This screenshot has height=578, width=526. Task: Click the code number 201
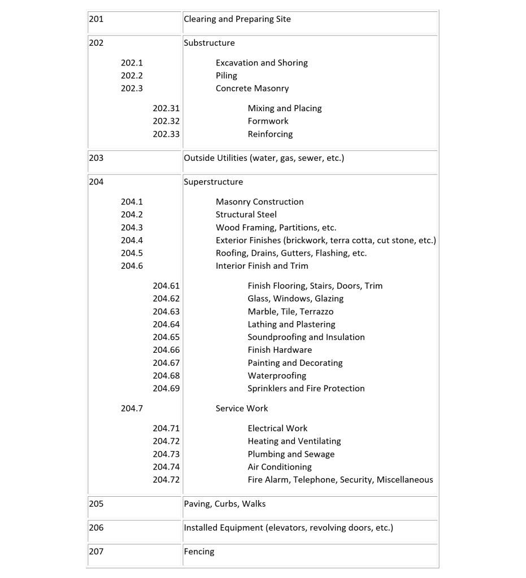pos(96,19)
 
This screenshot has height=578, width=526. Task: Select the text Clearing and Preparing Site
pos(237,19)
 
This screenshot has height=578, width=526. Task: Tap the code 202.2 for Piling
pos(132,76)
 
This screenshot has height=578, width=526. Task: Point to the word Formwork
pos(268,121)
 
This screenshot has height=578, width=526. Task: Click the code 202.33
pos(166,134)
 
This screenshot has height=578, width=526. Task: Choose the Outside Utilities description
pos(264,158)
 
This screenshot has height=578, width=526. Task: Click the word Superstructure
pos(214,182)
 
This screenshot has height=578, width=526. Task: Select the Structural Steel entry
pos(246,214)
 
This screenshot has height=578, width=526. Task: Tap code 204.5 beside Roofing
pos(132,253)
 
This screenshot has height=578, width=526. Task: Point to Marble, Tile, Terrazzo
pos(290,312)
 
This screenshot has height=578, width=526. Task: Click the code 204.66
pos(166,350)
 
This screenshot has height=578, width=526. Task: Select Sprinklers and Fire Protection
pos(306,388)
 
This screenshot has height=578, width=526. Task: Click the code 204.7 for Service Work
pos(132,408)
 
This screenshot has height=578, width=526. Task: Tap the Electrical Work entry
pos(277,428)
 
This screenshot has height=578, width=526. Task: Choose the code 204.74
pos(166,467)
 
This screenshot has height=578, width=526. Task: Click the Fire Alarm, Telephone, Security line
pos(340,480)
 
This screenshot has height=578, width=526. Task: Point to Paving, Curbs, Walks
pos(225,503)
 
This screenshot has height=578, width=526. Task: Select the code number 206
pos(96,528)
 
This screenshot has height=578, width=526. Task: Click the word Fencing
pos(199,551)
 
